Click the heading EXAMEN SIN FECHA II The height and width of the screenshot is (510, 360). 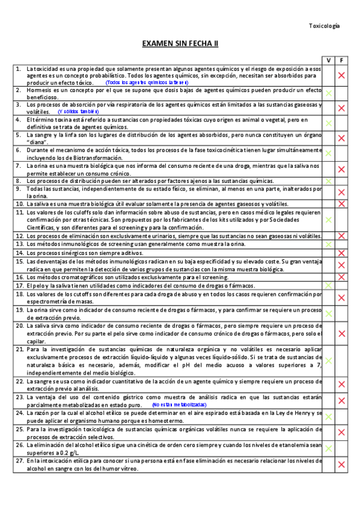[180, 44]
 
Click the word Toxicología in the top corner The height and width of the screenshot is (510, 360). [324, 26]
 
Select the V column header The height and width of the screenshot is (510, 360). [328, 60]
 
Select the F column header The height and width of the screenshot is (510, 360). [341, 60]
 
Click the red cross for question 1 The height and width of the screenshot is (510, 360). [341, 75]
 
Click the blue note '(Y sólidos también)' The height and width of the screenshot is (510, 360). [78, 112]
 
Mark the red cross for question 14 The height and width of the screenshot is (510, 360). [341, 253]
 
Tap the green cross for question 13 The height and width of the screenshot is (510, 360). [328, 245]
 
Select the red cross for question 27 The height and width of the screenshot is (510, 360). [341, 464]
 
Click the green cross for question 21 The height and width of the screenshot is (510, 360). [328, 361]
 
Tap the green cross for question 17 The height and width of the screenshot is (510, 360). [328, 286]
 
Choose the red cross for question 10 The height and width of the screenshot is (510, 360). [341, 204]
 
